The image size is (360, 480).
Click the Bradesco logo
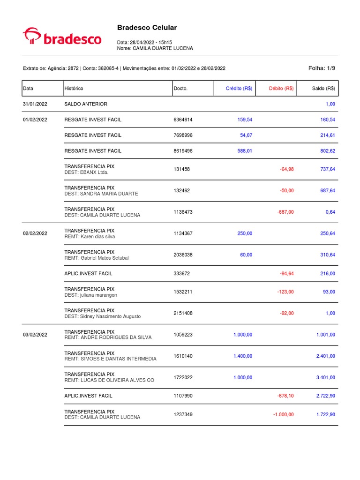62,37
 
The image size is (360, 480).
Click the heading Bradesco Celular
147,28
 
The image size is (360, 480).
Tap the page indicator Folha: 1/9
322,68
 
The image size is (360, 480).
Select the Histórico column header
74,88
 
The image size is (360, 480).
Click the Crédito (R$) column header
239,88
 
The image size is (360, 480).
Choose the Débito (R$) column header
281,88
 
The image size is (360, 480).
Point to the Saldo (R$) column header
323,88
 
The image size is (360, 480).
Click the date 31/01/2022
35,104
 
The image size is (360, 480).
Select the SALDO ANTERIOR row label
85,104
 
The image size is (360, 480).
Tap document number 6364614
183,120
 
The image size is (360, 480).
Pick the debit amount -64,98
286,169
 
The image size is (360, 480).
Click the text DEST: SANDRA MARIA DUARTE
101,194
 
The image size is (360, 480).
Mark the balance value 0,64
330,212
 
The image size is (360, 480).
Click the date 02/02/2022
35,233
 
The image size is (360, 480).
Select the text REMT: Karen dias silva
90,237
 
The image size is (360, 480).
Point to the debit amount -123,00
285,292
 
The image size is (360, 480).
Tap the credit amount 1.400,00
243,356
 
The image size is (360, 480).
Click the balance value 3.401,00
326,377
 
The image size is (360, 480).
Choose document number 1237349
183,414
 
